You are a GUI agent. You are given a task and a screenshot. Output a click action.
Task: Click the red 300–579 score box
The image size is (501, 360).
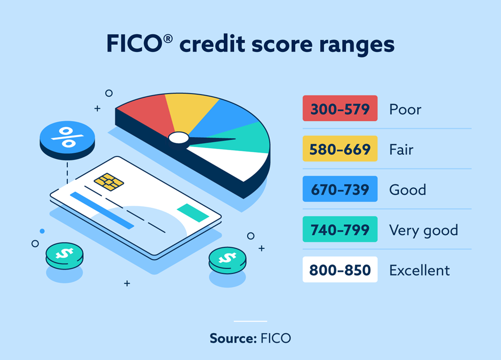[x=340, y=108]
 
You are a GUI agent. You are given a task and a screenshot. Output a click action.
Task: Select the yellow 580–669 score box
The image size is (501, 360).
[x=340, y=148]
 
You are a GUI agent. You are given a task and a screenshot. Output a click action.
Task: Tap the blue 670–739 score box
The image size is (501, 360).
[x=340, y=189]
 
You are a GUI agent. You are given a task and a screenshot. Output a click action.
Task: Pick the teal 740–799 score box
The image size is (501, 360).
[x=340, y=229]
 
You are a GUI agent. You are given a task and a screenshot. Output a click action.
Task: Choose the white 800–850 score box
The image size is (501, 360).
[x=340, y=269]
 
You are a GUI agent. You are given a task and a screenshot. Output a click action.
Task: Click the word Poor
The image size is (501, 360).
[x=405, y=110]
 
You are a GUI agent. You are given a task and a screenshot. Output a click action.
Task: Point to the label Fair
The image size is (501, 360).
[x=401, y=150]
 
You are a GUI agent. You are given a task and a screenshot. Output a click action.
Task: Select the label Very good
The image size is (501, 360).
[x=423, y=230]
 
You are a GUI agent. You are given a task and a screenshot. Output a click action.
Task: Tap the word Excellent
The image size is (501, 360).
[x=419, y=271]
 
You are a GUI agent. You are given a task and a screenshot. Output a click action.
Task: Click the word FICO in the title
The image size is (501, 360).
[x=135, y=44]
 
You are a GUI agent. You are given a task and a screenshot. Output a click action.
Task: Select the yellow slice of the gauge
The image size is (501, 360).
[x=190, y=110]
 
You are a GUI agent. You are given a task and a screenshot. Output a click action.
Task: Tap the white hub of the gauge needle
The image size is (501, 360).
[x=179, y=138]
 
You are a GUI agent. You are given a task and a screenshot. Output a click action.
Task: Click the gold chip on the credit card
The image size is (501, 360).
[x=109, y=182]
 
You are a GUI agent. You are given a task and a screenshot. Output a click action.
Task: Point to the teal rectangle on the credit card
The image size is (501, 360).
[x=193, y=212]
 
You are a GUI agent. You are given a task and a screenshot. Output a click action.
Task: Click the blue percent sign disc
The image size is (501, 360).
[x=67, y=140]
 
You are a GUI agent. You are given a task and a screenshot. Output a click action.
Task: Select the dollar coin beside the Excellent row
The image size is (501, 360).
[x=228, y=260]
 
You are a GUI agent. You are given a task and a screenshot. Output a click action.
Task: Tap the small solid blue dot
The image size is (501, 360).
[x=42, y=231]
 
